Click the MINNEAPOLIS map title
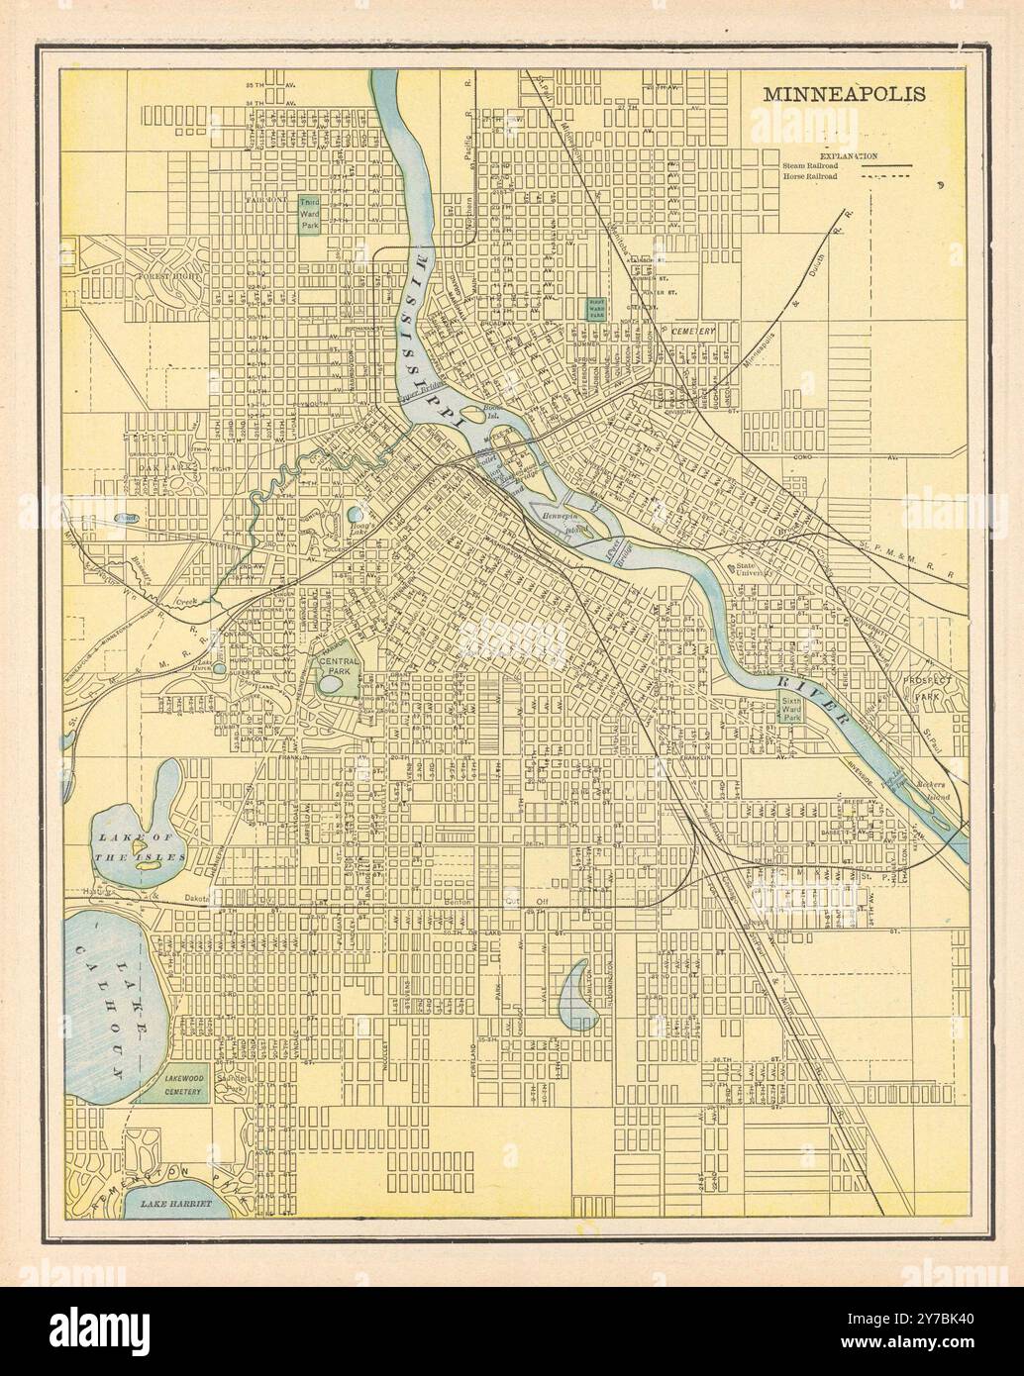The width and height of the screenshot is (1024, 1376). click(844, 95)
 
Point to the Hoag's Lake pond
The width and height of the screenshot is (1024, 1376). click(355, 515)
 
